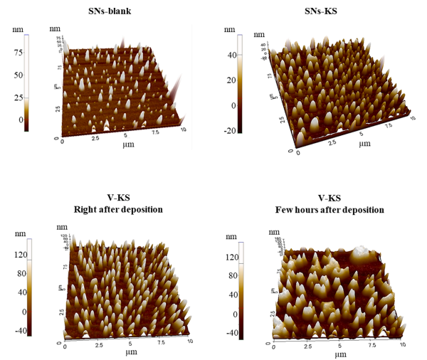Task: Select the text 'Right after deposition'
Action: (x=117, y=209)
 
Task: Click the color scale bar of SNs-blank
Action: (x=26, y=83)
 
